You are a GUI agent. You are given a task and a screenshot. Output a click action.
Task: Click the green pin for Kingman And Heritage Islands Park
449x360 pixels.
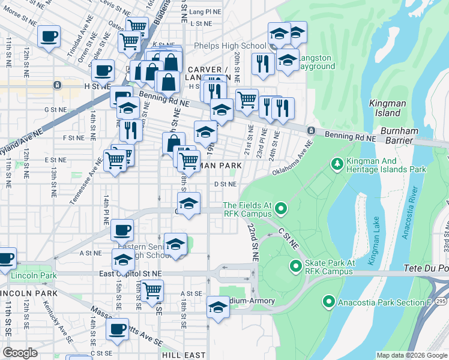click(x=337, y=163)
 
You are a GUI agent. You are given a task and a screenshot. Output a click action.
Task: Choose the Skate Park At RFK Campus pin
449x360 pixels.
click(x=296, y=266)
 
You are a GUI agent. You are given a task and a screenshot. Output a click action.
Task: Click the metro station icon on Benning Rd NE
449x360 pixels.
click(x=311, y=131)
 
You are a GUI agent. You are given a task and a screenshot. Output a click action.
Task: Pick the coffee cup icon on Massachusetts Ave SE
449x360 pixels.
click(x=117, y=329)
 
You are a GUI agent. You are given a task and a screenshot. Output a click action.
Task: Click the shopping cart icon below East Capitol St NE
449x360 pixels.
click(x=152, y=290)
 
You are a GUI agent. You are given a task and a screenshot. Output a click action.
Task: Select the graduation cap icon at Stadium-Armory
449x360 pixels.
click(x=217, y=307)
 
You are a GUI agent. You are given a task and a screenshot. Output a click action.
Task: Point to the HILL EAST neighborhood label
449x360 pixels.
click(x=184, y=355)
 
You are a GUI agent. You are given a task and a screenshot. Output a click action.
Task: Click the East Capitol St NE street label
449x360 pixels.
click(x=131, y=273)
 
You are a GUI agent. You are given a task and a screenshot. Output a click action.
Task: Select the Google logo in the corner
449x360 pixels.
click(x=20, y=353)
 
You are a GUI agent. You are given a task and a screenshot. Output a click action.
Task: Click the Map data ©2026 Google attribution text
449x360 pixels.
click(x=411, y=355)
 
